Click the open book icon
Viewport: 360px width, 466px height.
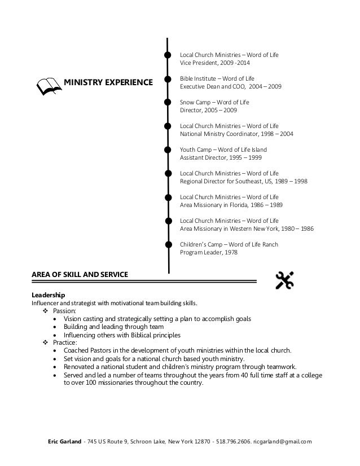click(x=49, y=86)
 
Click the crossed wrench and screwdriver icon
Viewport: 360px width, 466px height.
click(x=284, y=280)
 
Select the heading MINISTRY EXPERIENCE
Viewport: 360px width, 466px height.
click(x=108, y=83)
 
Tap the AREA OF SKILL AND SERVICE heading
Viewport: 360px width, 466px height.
click(x=80, y=275)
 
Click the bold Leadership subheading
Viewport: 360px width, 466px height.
click(x=48, y=295)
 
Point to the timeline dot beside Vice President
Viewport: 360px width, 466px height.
click(x=168, y=55)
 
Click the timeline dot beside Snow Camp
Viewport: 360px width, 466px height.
click(x=168, y=102)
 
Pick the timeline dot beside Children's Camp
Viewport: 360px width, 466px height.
click(x=168, y=244)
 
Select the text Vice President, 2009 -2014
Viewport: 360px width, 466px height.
click(x=214, y=63)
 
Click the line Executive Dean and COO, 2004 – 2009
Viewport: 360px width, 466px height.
click(x=230, y=87)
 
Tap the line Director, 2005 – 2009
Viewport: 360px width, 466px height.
click(x=208, y=111)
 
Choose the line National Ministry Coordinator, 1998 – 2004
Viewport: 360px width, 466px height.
click(x=236, y=134)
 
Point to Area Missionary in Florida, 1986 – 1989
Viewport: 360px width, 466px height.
click(x=231, y=205)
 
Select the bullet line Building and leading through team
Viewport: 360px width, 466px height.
click(x=113, y=327)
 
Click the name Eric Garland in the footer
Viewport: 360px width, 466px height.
click(x=63, y=442)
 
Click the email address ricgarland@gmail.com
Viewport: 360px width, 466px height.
click(x=282, y=442)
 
